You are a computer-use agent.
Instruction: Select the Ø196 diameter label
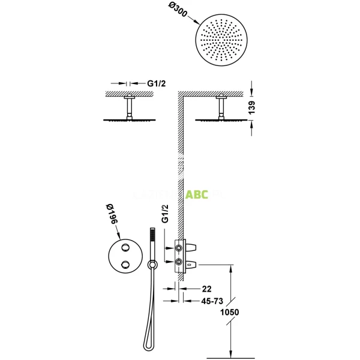point(110,214)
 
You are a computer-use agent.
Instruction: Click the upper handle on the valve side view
point(193,247)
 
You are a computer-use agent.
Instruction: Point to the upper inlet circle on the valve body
point(179,247)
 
